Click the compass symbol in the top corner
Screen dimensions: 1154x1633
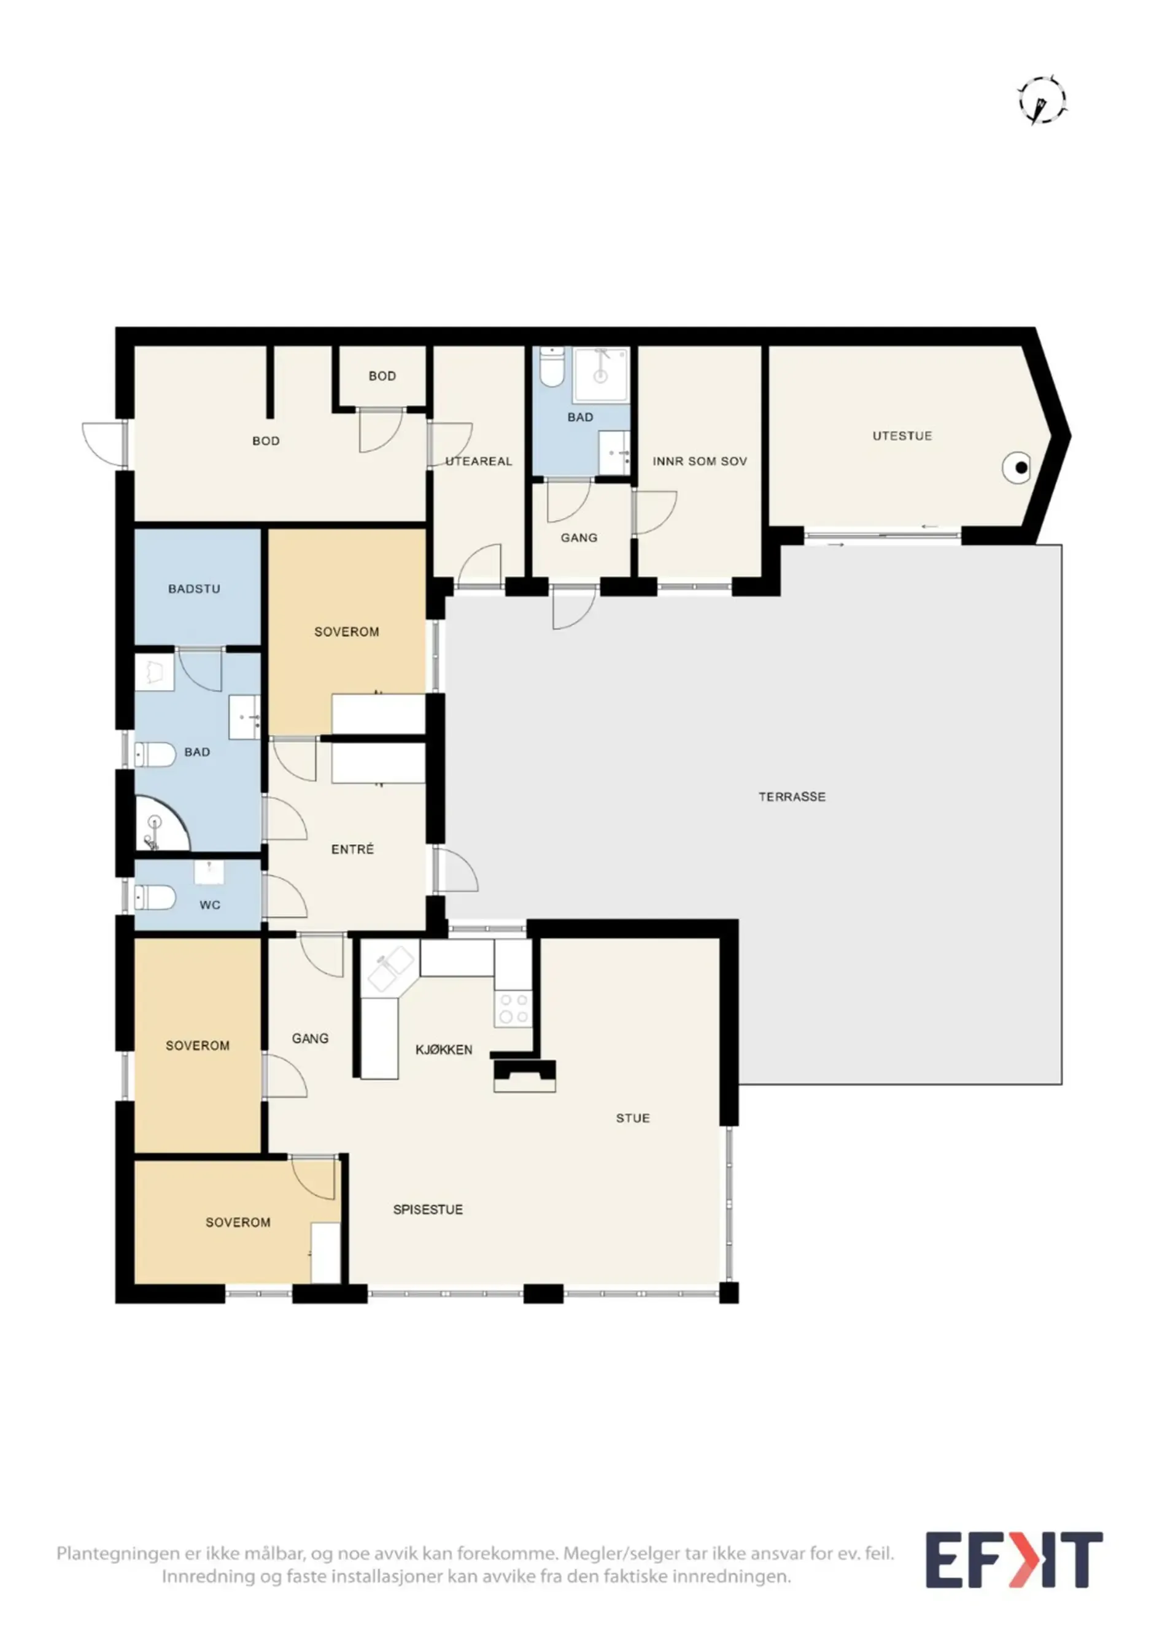pos(1042,100)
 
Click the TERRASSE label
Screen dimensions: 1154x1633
pos(792,797)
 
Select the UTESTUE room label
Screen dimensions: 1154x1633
pos(902,436)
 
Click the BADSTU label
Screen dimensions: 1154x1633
pos(194,589)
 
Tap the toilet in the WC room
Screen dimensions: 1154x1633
pos(155,898)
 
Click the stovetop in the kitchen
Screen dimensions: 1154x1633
pos(513,1009)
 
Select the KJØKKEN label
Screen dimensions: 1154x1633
pos(444,1050)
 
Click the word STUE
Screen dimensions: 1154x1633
pos(633,1118)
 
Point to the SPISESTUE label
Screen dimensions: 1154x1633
pos(428,1209)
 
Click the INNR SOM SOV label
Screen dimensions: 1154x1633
pos(700,462)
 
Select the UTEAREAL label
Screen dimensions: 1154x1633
pos(479,462)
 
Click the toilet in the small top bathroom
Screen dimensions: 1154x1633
pos(551,367)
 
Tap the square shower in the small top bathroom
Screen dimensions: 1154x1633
pos(602,374)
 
